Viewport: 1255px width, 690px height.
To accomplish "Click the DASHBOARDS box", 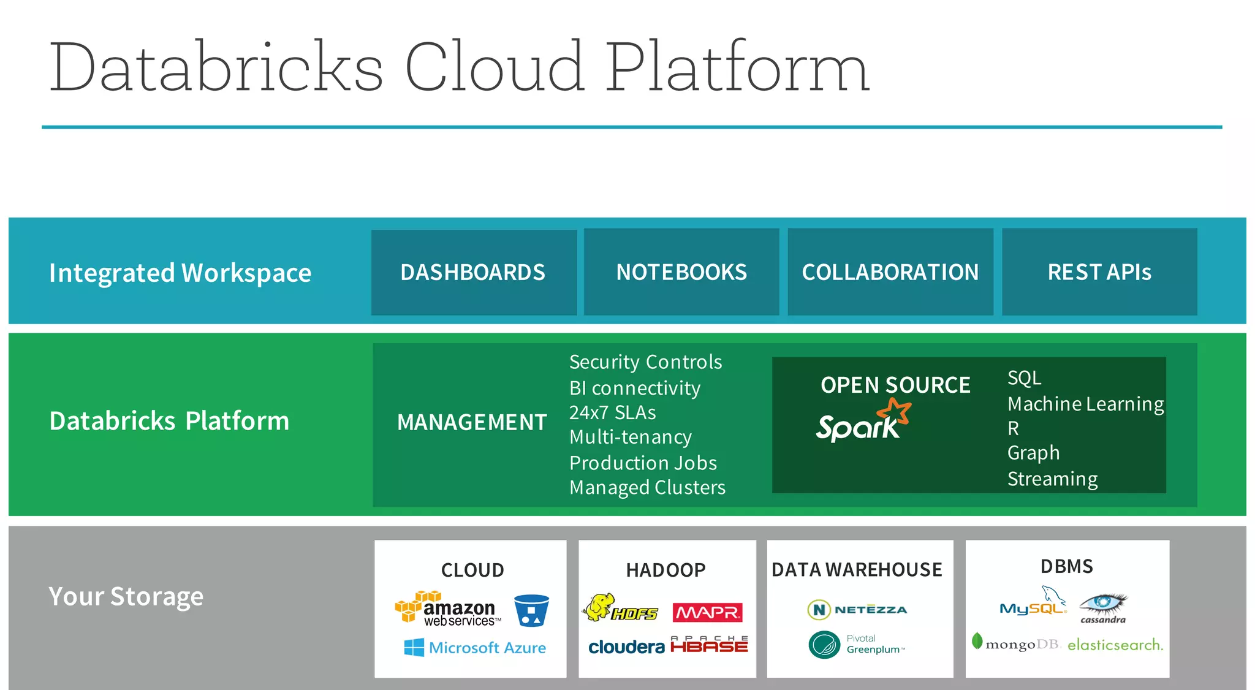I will click(474, 272).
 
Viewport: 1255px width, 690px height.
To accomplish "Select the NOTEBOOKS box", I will click(681, 272).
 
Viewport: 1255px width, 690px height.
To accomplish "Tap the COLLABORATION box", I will click(890, 272).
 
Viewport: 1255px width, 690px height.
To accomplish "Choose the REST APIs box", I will click(1099, 272).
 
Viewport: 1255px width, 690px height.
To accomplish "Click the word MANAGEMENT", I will click(471, 422).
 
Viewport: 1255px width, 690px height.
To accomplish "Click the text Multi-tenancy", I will click(630, 437).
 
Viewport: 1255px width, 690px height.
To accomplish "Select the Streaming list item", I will click(1052, 479).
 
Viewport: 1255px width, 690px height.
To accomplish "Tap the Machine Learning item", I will click(1085, 404).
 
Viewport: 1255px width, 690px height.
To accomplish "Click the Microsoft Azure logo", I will click(475, 648).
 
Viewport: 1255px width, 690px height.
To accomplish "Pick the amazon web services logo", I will click(448, 609).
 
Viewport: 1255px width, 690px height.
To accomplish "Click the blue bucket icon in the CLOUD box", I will click(531, 610).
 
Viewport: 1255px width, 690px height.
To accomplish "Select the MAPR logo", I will click(707, 612).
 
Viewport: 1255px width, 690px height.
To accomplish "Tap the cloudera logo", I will click(626, 647).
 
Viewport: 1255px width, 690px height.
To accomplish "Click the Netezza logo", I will click(857, 609).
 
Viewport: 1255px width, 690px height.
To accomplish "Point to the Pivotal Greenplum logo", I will click(856, 645).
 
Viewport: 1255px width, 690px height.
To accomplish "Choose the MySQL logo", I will click(1033, 604).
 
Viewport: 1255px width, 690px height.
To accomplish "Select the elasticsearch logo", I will click(1115, 645).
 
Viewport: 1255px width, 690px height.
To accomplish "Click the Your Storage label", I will click(126, 596).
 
